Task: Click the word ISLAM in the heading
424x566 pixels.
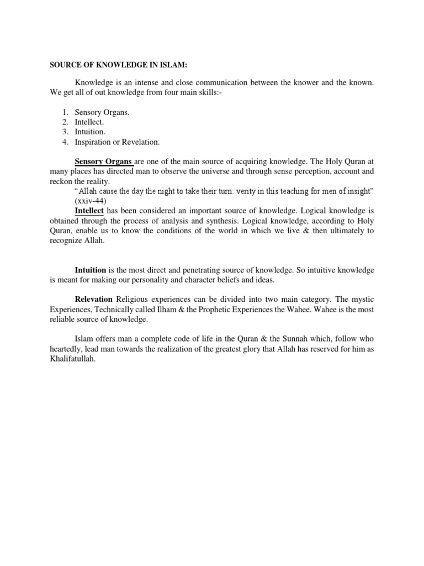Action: point(173,65)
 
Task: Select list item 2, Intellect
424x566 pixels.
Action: point(89,122)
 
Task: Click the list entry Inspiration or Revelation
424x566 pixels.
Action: point(117,142)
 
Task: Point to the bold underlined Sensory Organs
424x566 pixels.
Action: point(103,161)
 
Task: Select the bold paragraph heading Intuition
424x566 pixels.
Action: point(91,270)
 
